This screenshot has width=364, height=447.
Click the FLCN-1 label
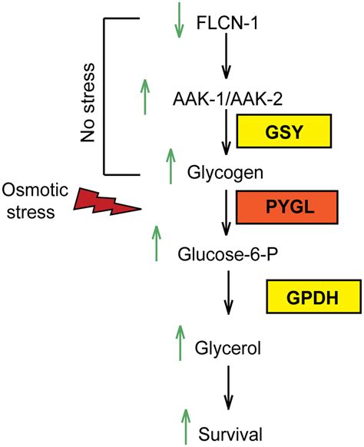tap(227, 23)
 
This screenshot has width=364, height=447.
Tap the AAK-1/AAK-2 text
tap(227, 100)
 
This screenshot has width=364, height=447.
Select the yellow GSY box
tap(284, 131)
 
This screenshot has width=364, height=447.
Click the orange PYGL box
tap(286, 207)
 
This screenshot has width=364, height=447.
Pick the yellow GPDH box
tap(314, 296)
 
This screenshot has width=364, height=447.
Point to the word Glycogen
tap(225, 173)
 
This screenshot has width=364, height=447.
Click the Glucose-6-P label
tap(228, 254)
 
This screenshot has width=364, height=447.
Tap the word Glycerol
tap(228, 348)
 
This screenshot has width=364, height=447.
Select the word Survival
tap(230, 435)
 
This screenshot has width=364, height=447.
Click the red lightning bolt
tap(107, 202)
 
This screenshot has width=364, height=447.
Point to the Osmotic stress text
tap(35, 201)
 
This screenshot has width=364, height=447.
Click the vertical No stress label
tap(88, 103)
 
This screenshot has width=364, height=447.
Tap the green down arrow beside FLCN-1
tap(179, 20)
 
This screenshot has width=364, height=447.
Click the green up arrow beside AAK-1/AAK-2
tap(145, 97)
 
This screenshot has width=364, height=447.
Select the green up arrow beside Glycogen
tap(170, 166)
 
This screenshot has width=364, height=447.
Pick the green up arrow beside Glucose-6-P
tap(156, 243)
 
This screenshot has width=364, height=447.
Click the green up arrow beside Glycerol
tap(180, 343)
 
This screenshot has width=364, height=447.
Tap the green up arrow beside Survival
tap(186, 427)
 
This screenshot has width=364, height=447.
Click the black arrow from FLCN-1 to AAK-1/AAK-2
tap(226, 56)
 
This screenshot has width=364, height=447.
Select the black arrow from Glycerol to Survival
tap(228, 388)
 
